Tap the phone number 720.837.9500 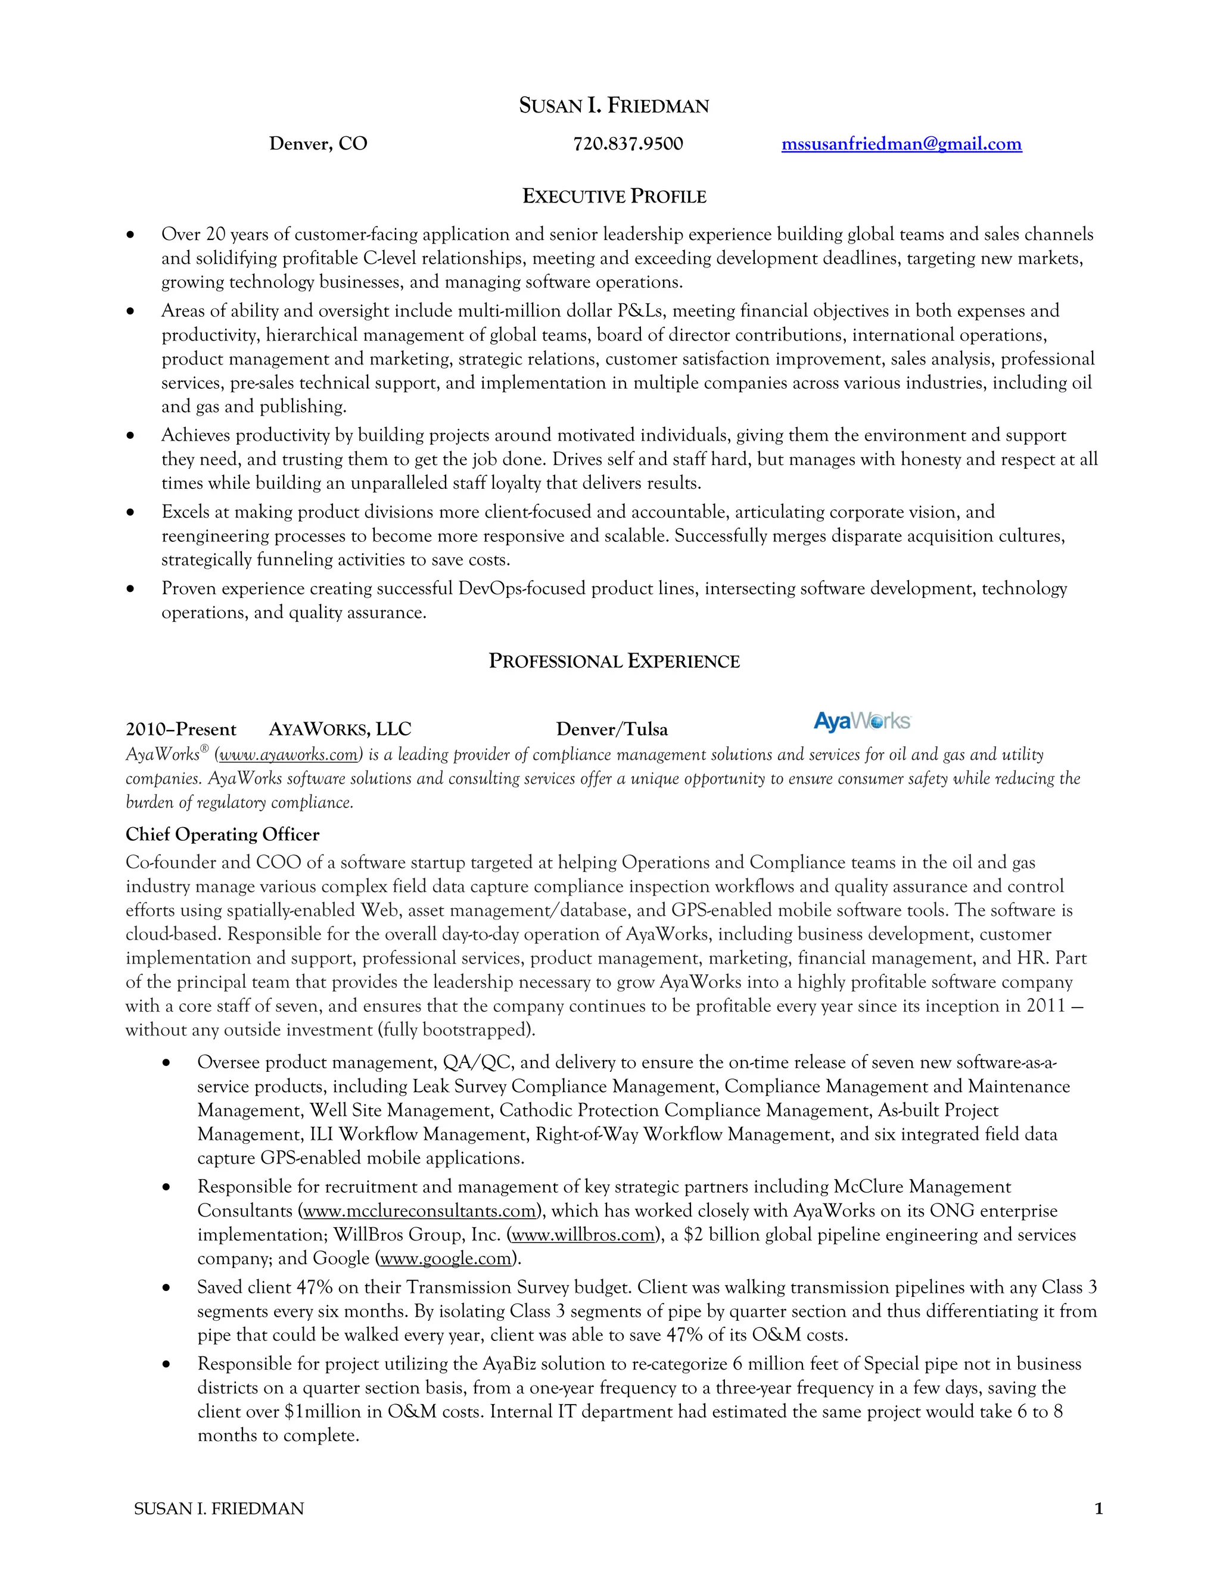(x=627, y=144)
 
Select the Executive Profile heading (x=614, y=197)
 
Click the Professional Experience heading (x=614, y=661)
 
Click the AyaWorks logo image (x=861, y=721)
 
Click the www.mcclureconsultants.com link (x=419, y=1211)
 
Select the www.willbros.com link (x=583, y=1235)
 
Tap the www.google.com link (x=445, y=1259)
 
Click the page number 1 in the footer (x=1098, y=1509)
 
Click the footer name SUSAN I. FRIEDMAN (x=219, y=1509)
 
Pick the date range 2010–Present (x=180, y=729)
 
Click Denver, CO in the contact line (x=318, y=144)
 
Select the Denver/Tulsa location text (x=611, y=729)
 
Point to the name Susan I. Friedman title (x=614, y=105)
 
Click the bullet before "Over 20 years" (x=130, y=235)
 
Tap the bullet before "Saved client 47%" (x=166, y=1288)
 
